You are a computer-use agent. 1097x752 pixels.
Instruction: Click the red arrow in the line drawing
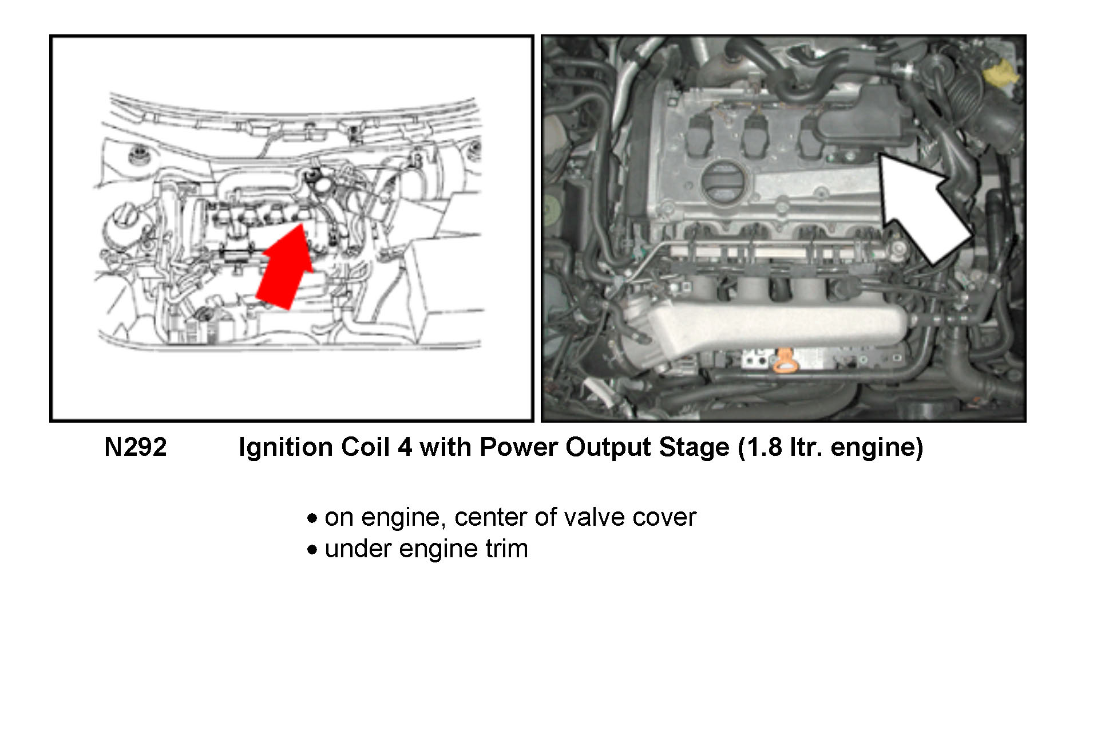[x=284, y=269]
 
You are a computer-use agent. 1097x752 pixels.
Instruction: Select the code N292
[x=135, y=447]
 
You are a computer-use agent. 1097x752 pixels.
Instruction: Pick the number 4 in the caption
[x=405, y=447]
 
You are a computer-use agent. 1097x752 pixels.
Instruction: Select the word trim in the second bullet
[x=506, y=549]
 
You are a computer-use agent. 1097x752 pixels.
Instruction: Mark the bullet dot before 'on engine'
[x=312, y=518]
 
